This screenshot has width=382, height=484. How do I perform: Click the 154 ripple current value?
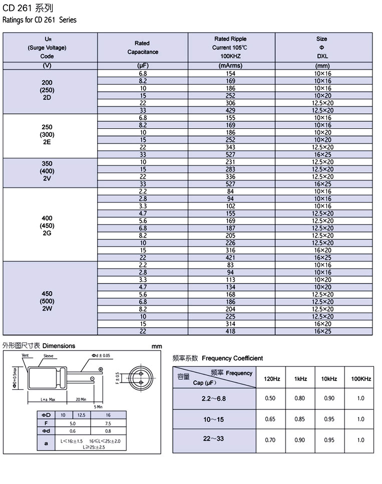tap(231, 74)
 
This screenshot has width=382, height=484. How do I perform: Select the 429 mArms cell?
tap(231, 110)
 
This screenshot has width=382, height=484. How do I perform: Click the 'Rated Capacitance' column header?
tap(142, 48)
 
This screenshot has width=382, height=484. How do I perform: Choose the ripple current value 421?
tap(231, 258)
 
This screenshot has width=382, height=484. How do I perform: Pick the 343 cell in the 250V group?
tap(231, 147)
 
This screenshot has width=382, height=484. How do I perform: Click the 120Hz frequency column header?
tap(272, 379)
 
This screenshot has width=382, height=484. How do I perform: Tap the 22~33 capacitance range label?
tap(214, 439)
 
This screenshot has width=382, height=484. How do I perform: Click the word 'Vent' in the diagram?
tap(26, 355)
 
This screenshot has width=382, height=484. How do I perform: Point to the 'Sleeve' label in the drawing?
tap(49, 355)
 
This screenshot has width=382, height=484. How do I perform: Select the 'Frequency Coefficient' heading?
tap(232, 358)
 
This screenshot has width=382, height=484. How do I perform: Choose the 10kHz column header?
tap(329, 379)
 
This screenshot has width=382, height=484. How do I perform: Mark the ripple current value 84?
tap(231, 191)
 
